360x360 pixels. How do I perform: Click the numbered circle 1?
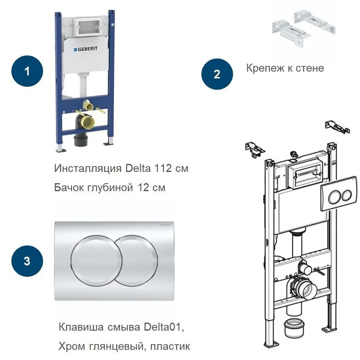(x=27, y=71)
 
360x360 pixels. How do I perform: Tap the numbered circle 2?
(x=217, y=74)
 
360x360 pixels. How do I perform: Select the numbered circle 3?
(x=27, y=261)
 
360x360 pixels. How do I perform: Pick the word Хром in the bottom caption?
(x=70, y=346)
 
